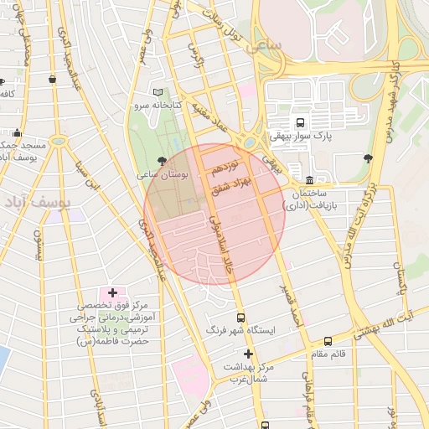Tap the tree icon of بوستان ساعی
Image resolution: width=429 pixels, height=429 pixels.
pos(162,161)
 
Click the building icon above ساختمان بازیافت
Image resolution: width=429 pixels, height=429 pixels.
pos(309,180)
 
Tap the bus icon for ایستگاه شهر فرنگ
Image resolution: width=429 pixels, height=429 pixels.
pos(241,318)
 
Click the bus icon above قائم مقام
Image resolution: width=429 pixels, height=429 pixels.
pos(327,341)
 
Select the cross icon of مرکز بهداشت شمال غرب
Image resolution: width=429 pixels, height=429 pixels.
pos(248,354)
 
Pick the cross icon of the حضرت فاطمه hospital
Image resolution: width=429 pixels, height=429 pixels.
pos(112,292)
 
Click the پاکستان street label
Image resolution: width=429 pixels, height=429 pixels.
pos(401,281)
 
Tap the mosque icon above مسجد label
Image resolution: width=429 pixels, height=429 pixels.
pos(18,132)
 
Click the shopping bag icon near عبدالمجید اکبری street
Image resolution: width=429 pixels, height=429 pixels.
pos(53,79)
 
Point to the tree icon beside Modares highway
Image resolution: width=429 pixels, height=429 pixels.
pos(368,157)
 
